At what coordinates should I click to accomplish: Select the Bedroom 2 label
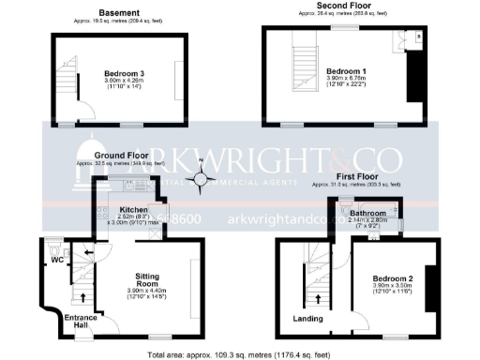392,278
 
